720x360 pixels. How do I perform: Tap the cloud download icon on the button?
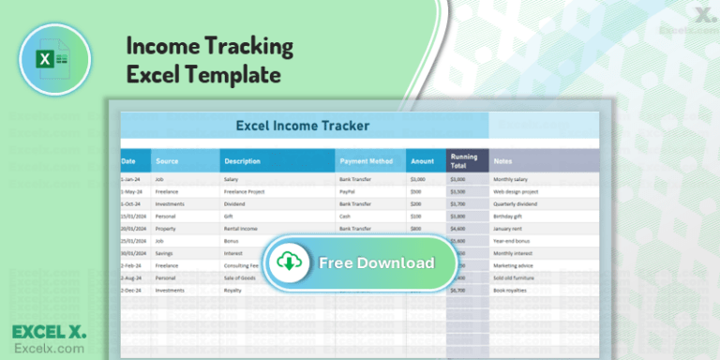coord(287,262)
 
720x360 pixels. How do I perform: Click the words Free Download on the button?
coord(376,262)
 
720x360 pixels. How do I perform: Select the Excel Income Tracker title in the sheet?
coord(302,125)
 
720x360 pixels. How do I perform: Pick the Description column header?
coord(242,161)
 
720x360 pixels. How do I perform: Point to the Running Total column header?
coord(464,161)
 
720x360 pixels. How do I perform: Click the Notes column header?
coord(503,161)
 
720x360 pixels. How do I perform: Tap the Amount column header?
coord(423,161)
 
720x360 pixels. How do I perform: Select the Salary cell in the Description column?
coord(232,178)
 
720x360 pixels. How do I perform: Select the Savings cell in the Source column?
coord(165,251)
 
